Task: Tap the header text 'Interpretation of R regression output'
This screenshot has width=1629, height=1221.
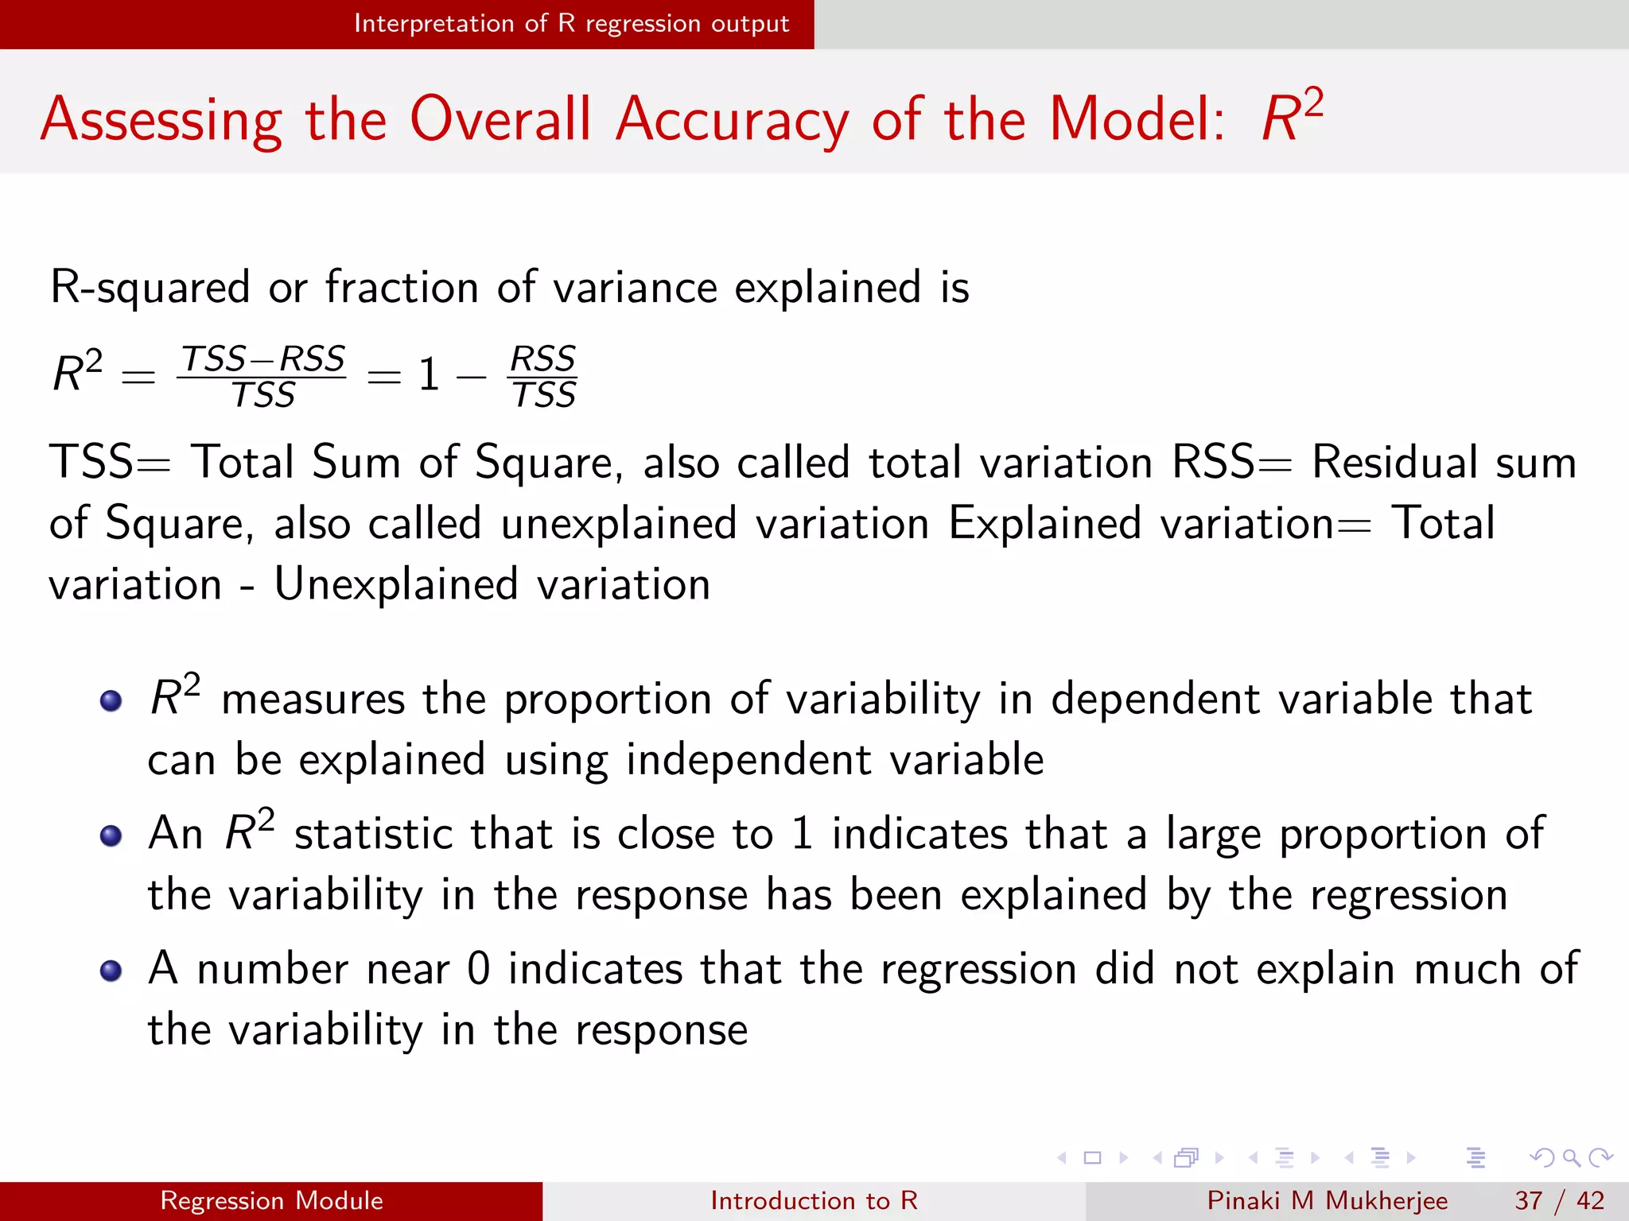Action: (x=571, y=24)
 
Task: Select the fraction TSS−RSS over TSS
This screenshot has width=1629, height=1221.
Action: (x=262, y=376)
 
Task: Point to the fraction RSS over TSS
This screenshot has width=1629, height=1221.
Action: (x=542, y=376)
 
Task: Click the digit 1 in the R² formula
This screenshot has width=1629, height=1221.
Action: (x=429, y=374)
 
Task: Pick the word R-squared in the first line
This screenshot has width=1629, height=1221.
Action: (x=150, y=287)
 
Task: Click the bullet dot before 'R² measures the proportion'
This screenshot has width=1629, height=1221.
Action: (x=111, y=700)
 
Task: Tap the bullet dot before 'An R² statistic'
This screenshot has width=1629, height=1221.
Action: (x=111, y=835)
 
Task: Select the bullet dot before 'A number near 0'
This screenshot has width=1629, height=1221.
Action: (x=111, y=971)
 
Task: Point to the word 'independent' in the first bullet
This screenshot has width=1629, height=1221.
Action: (x=748, y=760)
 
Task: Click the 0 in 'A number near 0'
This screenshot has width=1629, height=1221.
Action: (x=479, y=969)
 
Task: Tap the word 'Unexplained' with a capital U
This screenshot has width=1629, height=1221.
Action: (x=396, y=585)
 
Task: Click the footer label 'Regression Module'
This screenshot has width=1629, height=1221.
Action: (x=271, y=1200)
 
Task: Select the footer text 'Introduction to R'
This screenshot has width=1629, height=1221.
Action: (x=814, y=1200)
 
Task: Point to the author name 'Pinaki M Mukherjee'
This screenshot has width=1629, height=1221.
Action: (x=1327, y=1200)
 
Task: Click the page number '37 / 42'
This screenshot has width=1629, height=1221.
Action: (x=1559, y=1200)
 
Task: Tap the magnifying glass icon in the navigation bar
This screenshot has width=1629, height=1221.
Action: (x=1571, y=1157)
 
